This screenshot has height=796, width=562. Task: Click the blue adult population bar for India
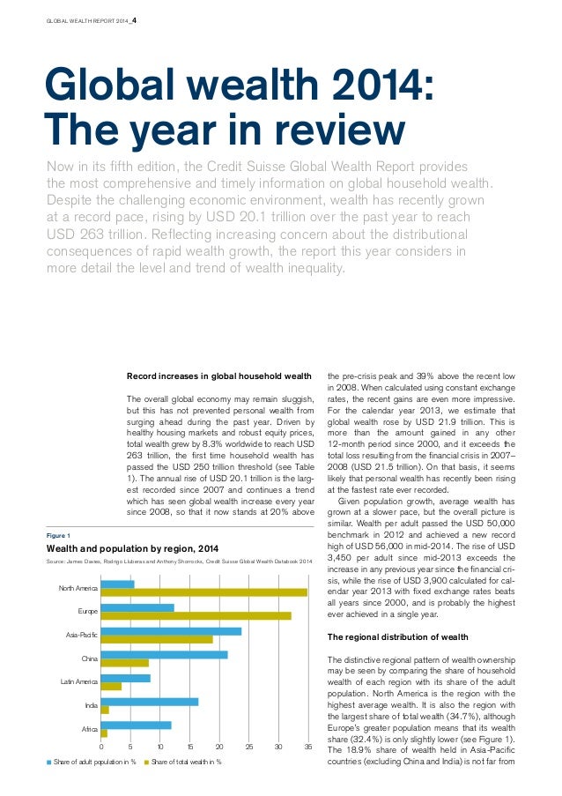[x=150, y=702]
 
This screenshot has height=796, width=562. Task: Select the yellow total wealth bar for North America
[x=203, y=592]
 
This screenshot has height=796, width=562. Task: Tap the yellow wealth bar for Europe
[x=196, y=615]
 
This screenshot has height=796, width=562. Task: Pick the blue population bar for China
[x=164, y=654]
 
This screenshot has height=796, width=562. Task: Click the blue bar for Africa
[x=136, y=725]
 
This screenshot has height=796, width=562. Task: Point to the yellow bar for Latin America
[x=111, y=686]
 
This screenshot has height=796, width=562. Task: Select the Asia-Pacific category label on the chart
[x=82, y=635]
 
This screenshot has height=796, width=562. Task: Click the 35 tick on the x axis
[x=307, y=747]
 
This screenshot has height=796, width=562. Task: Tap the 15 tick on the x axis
[x=189, y=747]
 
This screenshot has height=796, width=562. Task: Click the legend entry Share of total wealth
[x=186, y=762]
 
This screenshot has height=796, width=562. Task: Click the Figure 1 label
[x=58, y=534]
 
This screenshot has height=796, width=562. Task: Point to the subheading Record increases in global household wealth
[x=219, y=375]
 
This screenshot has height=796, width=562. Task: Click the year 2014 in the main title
[x=386, y=88]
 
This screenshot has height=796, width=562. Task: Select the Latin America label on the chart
[x=79, y=681]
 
